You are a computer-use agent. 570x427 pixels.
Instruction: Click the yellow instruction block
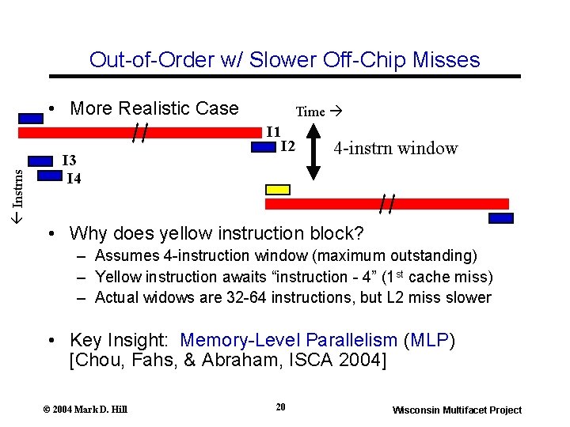277,189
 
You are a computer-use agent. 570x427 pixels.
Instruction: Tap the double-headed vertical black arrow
313,162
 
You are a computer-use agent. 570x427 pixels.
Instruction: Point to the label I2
287,146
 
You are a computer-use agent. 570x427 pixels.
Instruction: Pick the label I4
74,178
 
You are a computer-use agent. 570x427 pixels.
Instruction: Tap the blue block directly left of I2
251,147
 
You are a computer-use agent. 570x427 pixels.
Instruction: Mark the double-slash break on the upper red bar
141,130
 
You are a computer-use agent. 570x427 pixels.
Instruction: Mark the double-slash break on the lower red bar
387,204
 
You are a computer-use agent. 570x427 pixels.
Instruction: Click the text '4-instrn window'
395,148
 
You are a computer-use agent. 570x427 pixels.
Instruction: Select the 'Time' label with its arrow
317,111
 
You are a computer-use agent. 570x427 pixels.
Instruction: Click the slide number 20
280,406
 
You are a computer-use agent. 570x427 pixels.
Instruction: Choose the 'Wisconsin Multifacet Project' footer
457,410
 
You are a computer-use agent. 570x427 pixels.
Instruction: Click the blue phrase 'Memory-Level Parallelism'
288,340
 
